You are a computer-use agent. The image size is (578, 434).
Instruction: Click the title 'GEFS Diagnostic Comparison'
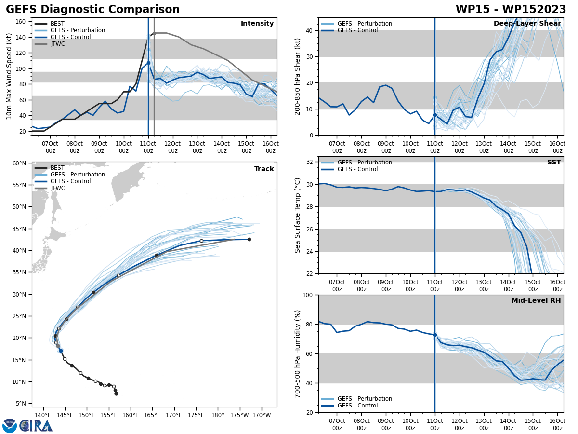coord(92,10)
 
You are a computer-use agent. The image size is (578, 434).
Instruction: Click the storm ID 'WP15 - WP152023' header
coord(511,10)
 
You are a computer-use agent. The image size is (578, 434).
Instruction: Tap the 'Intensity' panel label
coord(257,24)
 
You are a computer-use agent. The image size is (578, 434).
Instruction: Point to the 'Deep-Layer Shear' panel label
coord(527,24)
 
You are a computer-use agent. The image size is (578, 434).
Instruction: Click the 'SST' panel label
coord(554,163)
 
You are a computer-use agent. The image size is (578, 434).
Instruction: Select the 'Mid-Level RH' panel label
coord(536,301)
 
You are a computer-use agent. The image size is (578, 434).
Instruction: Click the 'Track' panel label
coord(264,169)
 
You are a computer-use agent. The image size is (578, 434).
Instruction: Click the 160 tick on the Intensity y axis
coord(22,21)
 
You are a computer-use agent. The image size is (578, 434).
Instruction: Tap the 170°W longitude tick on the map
coord(262,415)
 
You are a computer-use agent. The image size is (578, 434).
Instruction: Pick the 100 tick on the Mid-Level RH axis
coord(308,295)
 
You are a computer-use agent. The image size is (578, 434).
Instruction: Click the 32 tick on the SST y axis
coord(310,162)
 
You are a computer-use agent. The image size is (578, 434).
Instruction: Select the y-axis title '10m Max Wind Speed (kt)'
coord(9,76)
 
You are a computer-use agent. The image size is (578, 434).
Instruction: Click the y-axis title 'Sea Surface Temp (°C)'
coord(298,215)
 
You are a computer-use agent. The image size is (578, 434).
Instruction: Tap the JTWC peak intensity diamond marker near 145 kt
coord(154,33)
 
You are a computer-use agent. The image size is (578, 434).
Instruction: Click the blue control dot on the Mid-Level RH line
coord(435,335)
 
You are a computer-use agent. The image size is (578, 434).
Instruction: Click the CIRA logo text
coord(36,425)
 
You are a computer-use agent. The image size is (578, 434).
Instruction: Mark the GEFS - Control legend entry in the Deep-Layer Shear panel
coord(358,30)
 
